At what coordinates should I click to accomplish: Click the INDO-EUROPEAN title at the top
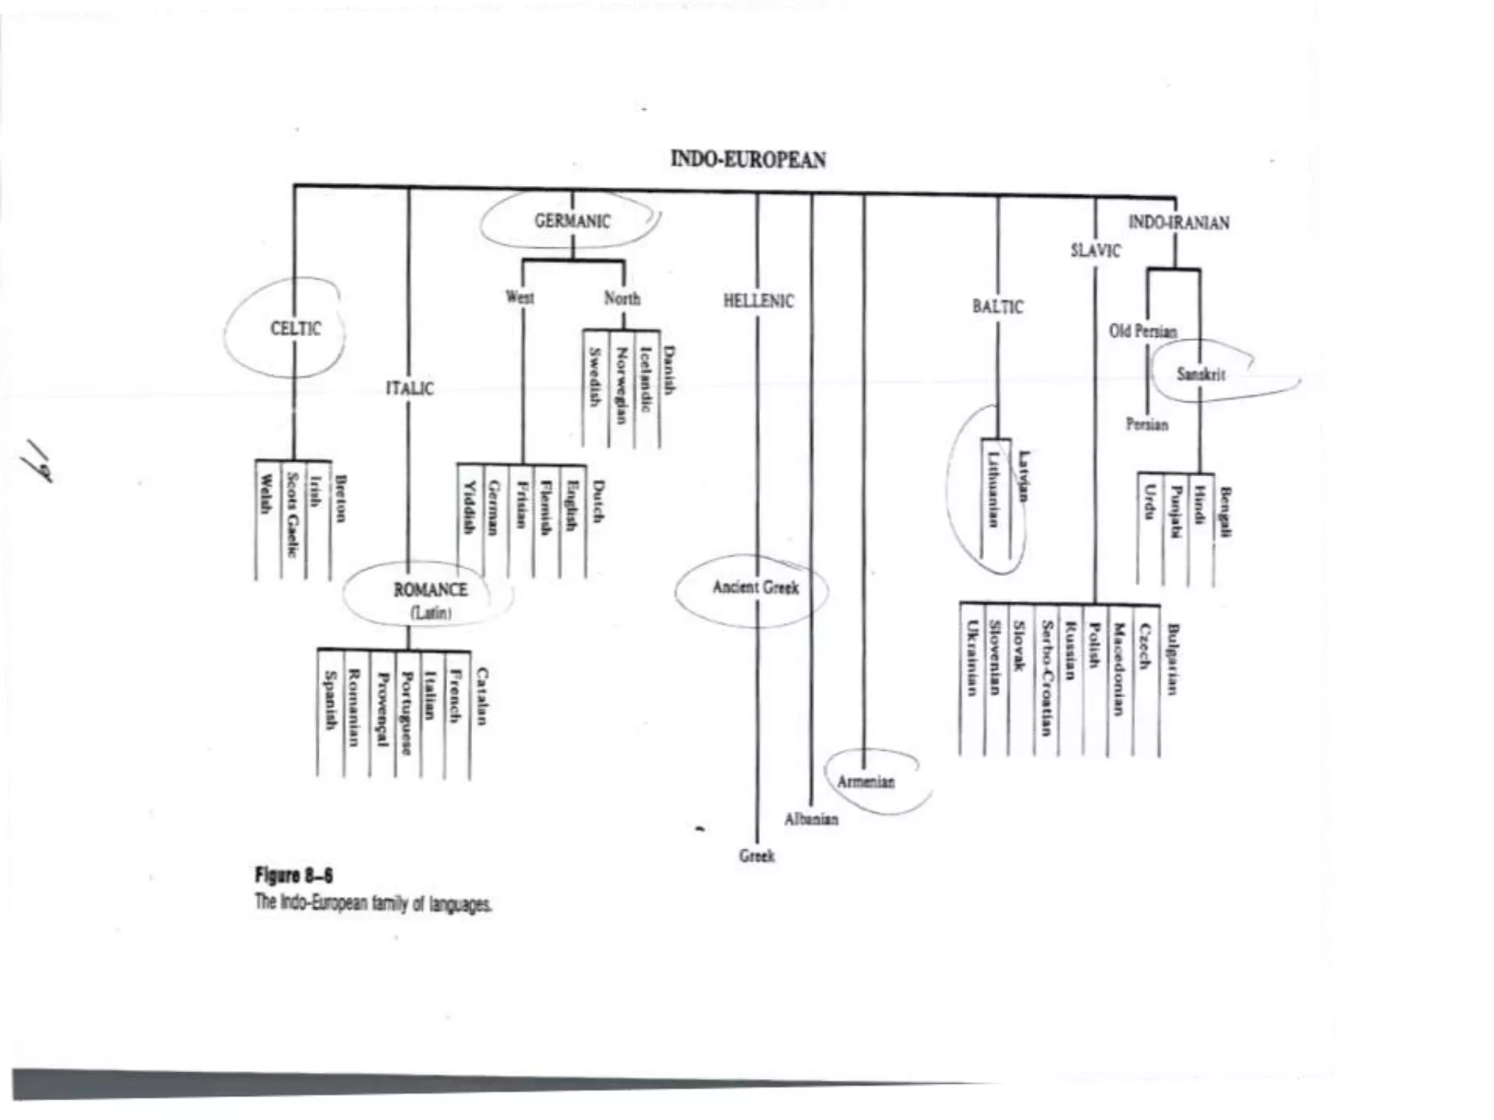point(748,160)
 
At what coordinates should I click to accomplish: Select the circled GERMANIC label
point(572,221)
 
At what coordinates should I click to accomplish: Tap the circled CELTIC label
point(295,329)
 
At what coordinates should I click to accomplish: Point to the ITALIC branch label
point(409,389)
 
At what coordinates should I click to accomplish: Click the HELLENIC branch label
point(758,301)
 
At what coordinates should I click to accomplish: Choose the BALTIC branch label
point(997,307)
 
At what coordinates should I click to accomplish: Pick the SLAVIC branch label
point(1095,251)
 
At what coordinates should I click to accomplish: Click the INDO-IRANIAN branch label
point(1178,222)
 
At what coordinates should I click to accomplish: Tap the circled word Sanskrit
point(1201,375)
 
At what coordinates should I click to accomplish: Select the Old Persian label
point(1142,332)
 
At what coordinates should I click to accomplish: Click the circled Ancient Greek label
point(755,588)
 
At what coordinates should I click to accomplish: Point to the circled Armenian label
point(865,782)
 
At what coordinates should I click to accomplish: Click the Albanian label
point(811,820)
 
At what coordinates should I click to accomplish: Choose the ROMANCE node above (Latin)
point(430,590)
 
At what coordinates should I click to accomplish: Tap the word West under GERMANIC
point(519,297)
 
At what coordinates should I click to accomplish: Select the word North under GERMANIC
point(622,298)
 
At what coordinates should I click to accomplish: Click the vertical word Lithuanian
point(993,489)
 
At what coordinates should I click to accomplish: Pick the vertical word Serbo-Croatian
point(1047,678)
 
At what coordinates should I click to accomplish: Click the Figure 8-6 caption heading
point(293,875)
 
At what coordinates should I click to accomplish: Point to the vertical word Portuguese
point(406,713)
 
